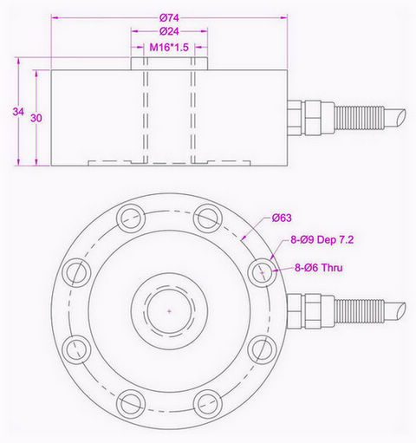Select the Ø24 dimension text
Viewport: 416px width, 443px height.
(170, 33)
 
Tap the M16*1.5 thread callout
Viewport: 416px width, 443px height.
(170, 47)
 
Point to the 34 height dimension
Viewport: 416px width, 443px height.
(18, 112)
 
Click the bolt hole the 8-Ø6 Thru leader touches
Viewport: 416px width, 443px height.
(260, 273)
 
